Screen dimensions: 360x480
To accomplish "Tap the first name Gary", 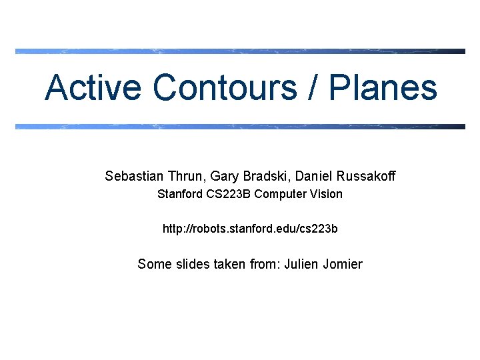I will click(x=223, y=176).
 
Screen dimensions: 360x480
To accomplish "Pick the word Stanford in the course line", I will click(x=178, y=194).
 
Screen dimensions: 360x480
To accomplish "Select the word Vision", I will click(x=326, y=194).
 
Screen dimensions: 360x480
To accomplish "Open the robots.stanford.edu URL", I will click(x=250, y=229).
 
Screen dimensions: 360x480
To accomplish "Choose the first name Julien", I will click(x=301, y=264).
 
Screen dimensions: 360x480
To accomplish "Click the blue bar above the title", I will click(x=240, y=51).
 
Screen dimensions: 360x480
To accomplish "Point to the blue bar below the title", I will click(x=240, y=126).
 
